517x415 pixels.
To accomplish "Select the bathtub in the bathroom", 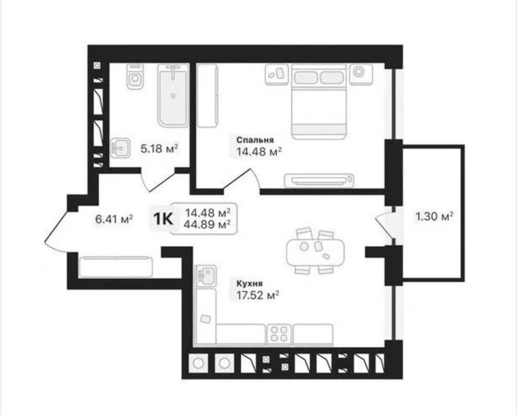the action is coord(173,96).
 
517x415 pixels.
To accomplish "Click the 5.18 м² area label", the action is coord(159,148).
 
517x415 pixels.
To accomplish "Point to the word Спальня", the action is coord(255,140).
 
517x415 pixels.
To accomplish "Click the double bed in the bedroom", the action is coord(319,101).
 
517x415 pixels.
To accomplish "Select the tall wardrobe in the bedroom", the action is coord(208,96).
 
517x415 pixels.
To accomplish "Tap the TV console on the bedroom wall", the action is coord(319,180).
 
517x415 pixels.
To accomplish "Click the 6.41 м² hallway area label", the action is coord(114,219).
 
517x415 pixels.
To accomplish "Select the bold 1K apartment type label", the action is coord(163,219).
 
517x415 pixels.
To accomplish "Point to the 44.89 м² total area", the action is coord(208,224).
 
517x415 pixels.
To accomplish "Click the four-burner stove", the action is coord(279,334).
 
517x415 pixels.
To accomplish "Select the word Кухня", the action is coord(249,284).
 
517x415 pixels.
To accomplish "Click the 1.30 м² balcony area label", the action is coord(434,217).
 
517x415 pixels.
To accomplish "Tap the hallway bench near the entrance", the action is coord(116,267).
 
